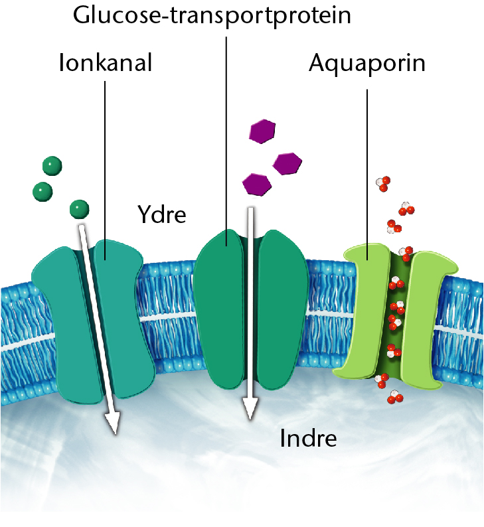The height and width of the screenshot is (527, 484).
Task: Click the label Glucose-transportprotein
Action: coord(212,16)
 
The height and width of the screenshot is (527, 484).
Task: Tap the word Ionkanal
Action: coord(106,62)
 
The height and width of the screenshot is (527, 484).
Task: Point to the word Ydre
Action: coord(162,214)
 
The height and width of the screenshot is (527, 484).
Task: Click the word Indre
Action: coord(308,438)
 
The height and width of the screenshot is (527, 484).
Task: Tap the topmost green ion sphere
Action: coord(52,166)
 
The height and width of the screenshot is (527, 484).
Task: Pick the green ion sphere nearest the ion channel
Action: coord(79,209)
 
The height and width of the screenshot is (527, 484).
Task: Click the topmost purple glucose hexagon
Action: coord(262,131)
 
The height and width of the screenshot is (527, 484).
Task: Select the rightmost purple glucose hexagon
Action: coord(287,164)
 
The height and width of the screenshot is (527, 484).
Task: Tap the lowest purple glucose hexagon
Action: coord(257,184)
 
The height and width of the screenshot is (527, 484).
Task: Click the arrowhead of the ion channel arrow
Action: coord(113,423)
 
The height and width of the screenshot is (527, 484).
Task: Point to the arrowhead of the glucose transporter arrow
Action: coord(250,408)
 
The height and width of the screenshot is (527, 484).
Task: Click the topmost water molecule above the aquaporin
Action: coord(383,183)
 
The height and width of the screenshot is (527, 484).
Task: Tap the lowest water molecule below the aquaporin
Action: coord(394,397)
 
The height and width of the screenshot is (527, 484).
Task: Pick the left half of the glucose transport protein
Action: coord(219,309)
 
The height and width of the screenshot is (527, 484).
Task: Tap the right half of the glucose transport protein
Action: coord(282,309)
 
